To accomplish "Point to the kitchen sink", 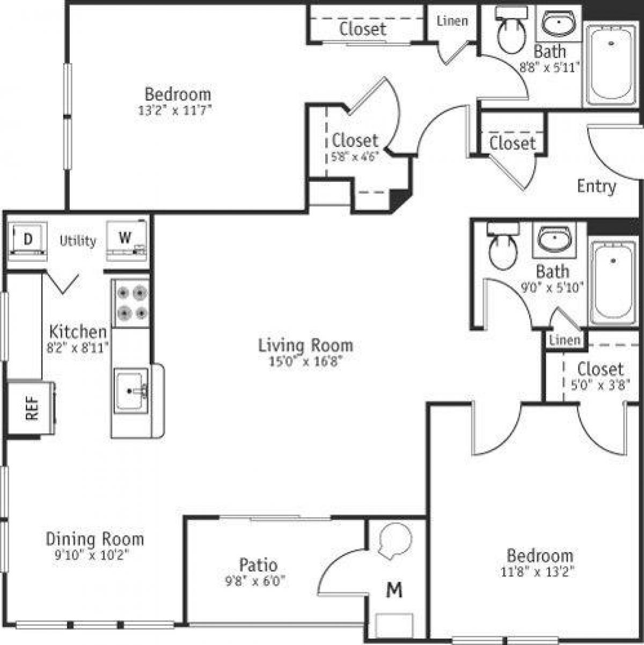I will pyautogui.click(x=131, y=389).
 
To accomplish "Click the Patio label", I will pyautogui.click(x=258, y=565).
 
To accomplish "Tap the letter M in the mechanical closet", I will pyautogui.click(x=394, y=590).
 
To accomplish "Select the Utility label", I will pyautogui.click(x=78, y=241).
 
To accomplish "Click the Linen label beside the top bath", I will pyautogui.click(x=452, y=21).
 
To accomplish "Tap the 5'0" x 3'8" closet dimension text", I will pyautogui.click(x=601, y=385).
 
